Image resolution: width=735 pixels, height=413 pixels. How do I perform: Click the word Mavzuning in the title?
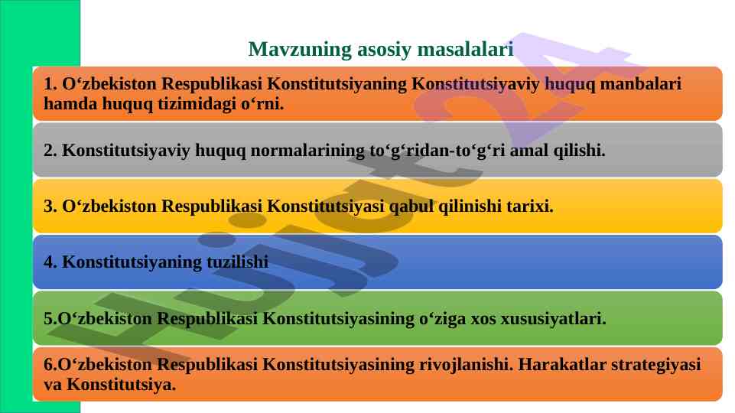[300, 50]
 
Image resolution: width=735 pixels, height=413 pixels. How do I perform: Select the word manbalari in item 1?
[640, 83]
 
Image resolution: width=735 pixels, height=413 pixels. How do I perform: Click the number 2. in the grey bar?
[50, 151]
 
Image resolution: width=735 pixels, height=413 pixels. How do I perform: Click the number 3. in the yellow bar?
[50, 206]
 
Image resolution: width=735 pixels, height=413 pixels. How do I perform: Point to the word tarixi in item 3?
[530, 206]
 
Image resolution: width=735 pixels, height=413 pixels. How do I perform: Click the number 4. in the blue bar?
[50, 262]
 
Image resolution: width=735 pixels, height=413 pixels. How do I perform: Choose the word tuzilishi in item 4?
[238, 262]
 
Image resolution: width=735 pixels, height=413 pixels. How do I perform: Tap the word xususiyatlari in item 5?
[553, 319]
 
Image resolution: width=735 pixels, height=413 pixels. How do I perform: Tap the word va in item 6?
[53, 385]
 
